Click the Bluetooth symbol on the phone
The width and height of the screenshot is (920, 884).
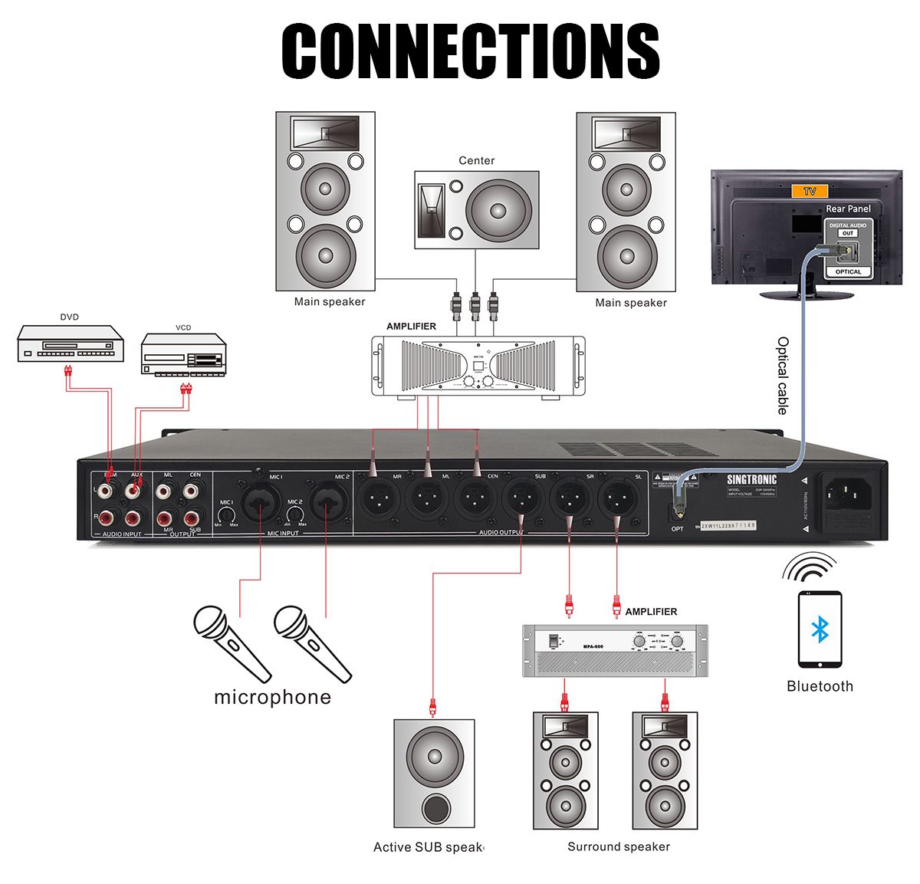(820, 630)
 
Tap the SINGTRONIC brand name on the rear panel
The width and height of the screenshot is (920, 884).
(751, 479)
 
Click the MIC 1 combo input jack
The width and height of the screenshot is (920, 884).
(261, 502)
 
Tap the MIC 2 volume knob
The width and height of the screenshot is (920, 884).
(295, 516)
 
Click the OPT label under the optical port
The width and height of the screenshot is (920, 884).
(677, 529)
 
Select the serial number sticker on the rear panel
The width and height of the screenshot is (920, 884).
(728, 525)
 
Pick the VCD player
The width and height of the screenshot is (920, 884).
(183, 354)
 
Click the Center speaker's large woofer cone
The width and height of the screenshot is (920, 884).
(498, 209)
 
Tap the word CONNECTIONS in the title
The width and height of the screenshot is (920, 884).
(471, 51)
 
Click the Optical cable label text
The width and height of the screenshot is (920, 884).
(782, 376)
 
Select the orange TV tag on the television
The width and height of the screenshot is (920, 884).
(810, 191)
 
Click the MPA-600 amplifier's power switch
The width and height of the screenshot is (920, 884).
(554, 640)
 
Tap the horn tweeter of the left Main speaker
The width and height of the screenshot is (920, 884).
(325, 133)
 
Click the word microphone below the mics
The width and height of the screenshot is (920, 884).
(272, 697)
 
